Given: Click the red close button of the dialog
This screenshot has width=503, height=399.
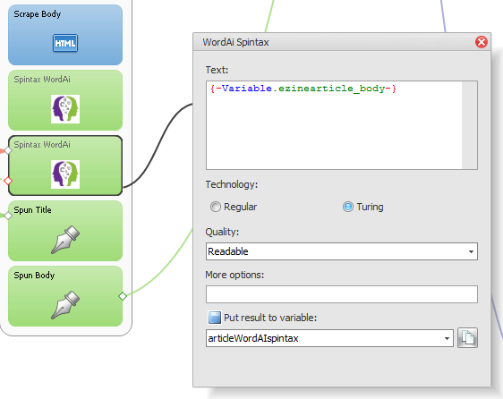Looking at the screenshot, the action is point(482,42).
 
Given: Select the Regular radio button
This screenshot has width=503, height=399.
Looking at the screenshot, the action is point(215,207).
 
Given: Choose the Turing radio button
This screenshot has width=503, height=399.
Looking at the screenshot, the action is point(348,207).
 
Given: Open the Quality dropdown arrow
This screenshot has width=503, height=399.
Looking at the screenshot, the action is point(471,251).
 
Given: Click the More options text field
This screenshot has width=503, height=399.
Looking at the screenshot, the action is point(342,294).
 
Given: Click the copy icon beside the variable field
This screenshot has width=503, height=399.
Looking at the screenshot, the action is point(467,338).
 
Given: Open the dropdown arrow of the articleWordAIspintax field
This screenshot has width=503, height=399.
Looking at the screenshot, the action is point(447,338).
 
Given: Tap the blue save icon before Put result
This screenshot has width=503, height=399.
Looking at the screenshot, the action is point(214,318).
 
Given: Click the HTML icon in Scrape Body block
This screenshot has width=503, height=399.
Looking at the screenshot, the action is point(65,43).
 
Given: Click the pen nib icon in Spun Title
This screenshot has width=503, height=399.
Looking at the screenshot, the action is point(65,240).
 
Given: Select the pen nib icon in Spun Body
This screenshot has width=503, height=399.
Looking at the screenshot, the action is point(65,305).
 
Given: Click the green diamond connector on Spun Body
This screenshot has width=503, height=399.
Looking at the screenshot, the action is point(123,296).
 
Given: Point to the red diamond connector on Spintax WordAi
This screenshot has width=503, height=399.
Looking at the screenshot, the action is point(8,182).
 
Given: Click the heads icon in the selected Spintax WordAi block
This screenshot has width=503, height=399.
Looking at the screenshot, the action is point(65,174).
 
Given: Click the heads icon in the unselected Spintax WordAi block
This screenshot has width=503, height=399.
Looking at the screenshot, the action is point(65,109).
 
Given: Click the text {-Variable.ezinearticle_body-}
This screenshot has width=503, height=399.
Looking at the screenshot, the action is point(303,89).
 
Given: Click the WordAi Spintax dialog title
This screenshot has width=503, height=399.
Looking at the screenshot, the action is point(235,42).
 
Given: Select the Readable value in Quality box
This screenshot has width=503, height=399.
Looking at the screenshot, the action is point(228,251).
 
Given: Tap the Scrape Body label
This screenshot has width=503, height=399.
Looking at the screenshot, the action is point(38,14).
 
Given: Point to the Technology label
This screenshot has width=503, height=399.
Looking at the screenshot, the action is point(232,185).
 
